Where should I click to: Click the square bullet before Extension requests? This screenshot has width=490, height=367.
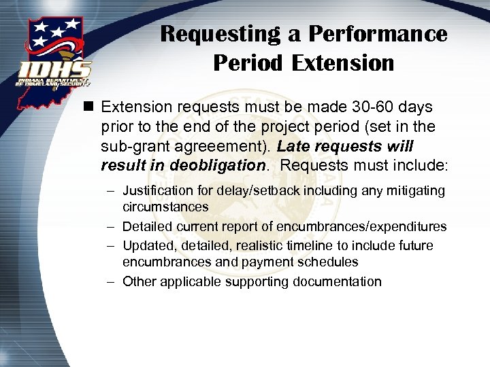pyautogui.click(x=87, y=107)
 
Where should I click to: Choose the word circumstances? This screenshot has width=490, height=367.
pyautogui.click(x=165, y=206)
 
